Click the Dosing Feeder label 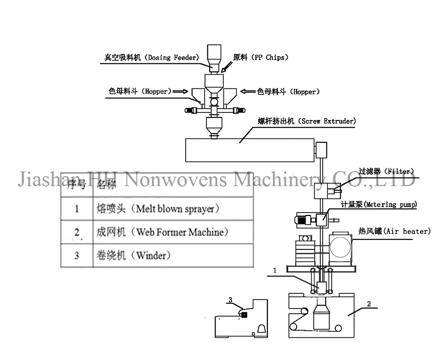151,58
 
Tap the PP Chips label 260,58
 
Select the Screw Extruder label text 307,121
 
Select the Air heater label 395,231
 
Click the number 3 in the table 77,256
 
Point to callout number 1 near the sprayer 274,271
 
